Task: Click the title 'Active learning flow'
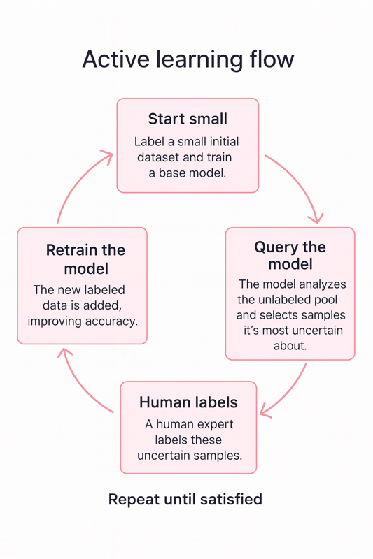pos(188,59)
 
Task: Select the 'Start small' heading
pos(188,119)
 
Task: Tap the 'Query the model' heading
pos(290,255)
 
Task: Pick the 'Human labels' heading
pos(188,402)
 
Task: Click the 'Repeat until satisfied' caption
pos(185,499)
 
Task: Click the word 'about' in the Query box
pos(290,346)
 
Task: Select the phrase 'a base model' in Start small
pos(188,173)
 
